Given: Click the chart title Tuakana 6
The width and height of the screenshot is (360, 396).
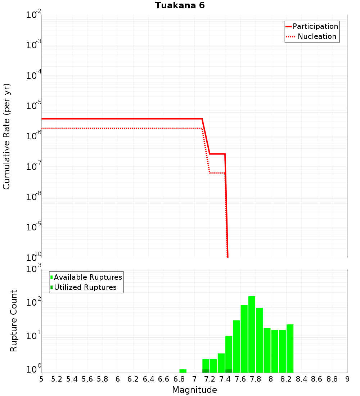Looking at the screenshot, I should click(180, 6).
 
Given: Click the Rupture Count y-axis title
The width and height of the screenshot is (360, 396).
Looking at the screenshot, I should click(14, 321).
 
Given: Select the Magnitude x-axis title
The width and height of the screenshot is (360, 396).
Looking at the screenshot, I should click(194, 390).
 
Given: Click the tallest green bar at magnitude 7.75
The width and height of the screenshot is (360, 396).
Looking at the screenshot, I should click(252, 335).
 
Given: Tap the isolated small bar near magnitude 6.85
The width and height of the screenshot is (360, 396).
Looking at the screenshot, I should click(183, 371).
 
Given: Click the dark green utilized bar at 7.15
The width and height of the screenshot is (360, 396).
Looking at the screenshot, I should click(206, 371).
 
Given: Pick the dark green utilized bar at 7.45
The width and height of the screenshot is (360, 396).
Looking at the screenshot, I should click(229, 371).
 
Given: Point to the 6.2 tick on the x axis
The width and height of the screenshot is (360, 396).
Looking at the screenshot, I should click(133, 379).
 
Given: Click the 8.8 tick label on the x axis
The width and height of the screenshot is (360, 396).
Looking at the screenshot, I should click(332, 379).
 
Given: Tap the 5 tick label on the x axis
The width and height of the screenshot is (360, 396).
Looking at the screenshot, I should click(41, 379).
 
